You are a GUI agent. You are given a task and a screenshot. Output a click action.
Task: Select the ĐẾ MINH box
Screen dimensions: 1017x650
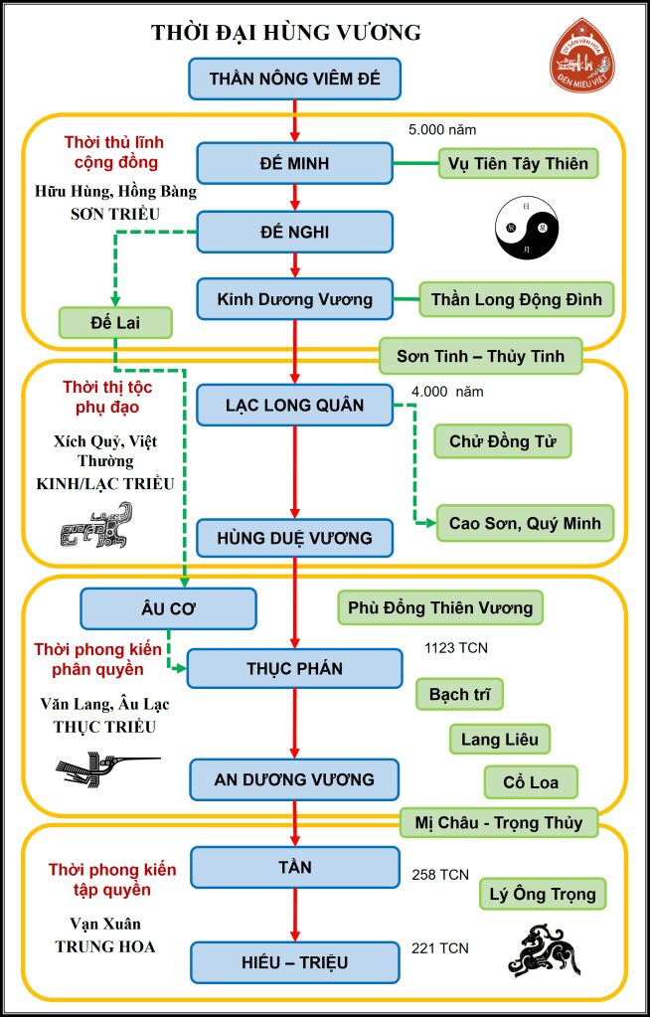coord(295,163)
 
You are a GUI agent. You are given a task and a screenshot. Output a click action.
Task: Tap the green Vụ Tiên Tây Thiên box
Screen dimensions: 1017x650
coord(519,163)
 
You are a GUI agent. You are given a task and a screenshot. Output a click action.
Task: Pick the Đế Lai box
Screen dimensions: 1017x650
coord(115,322)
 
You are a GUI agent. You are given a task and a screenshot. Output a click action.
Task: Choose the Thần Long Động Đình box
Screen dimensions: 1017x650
coord(516,298)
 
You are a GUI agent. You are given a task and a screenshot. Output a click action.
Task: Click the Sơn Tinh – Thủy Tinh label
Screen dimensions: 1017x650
coord(480,356)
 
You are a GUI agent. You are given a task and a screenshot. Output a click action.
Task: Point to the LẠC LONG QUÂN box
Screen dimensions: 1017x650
coord(295,406)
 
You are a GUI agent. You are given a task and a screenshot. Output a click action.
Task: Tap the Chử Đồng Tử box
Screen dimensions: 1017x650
coord(503,440)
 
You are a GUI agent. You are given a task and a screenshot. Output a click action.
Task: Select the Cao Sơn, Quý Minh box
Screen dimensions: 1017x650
coord(525,522)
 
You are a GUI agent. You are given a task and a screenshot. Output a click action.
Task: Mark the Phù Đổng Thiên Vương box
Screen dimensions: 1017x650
coord(440,606)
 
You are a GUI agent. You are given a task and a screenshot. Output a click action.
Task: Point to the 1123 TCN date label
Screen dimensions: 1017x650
coord(456,648)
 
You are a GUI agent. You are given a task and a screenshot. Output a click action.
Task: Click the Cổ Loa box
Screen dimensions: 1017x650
coord(531,781)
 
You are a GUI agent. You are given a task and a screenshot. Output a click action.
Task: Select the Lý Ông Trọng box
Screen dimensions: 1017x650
coord(543,893)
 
